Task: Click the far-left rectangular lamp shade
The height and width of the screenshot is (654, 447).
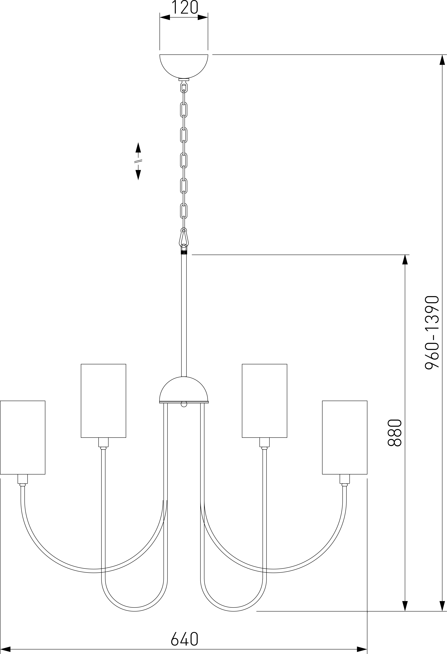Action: click(x=23, y=437)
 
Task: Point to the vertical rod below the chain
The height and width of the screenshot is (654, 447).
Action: click(x=184, y=315)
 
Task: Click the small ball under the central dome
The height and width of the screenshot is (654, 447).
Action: click(x=184, y=405)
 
